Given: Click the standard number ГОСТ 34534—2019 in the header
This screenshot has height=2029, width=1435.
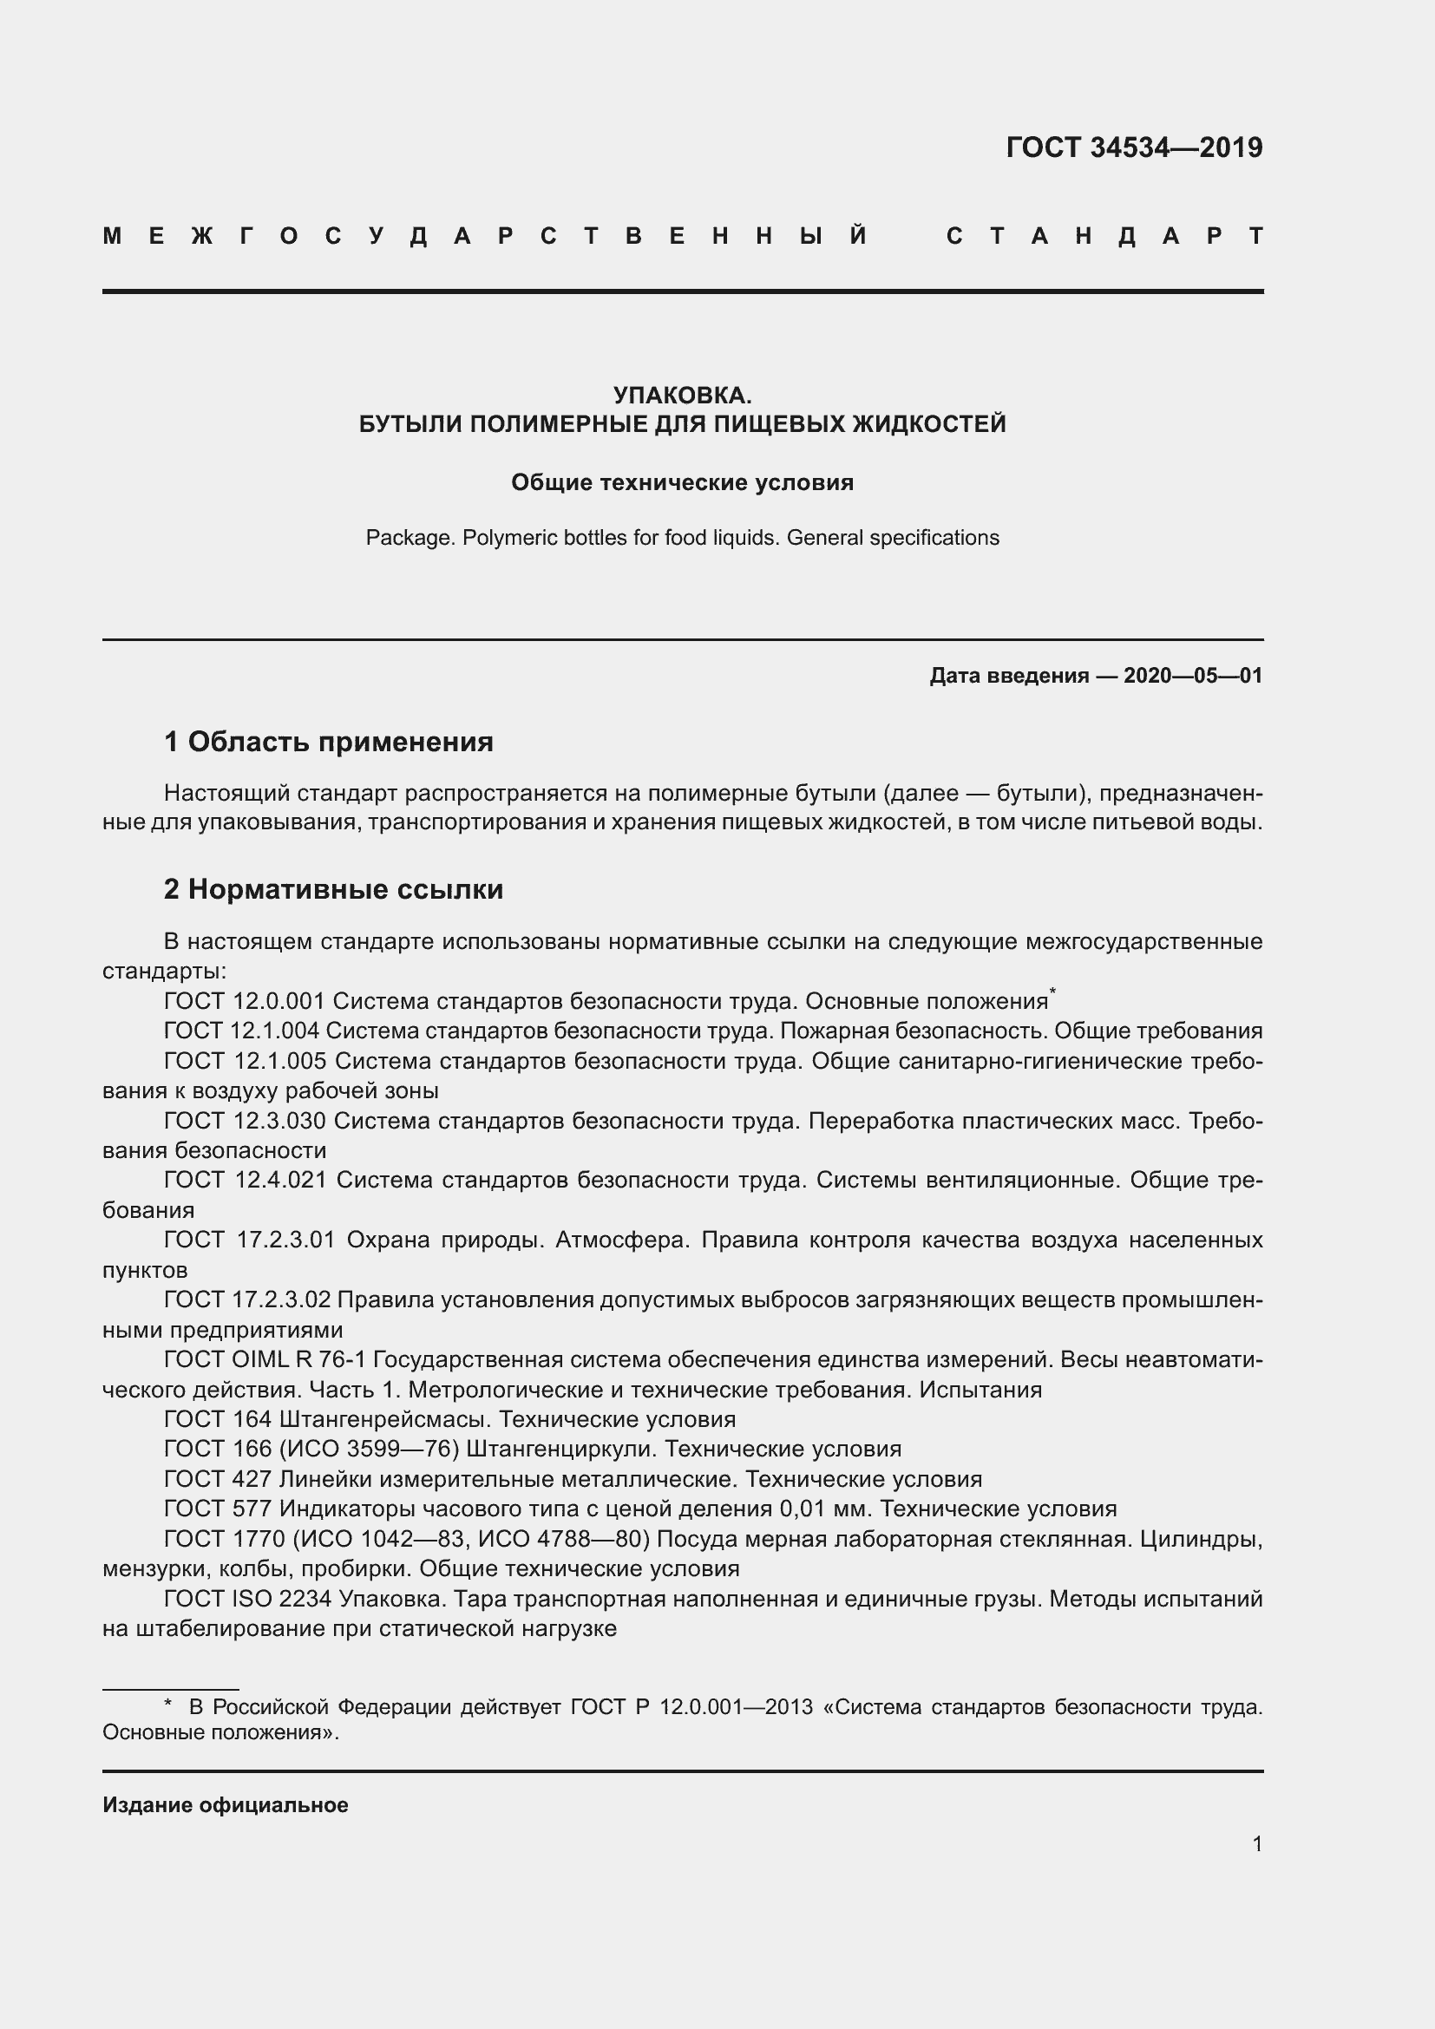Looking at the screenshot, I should pyautogui.click(x=1134, y=147).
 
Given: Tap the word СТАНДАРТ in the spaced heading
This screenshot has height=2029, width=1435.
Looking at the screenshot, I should pyautogui.click(x=1104, y=236).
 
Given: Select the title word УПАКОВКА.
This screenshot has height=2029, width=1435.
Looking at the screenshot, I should pyautogui.click(x=682, y=395).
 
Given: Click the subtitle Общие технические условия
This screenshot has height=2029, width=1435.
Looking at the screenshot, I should pyautogui.click(x=682, y=482).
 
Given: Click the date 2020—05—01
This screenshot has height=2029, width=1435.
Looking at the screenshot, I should pyautogui.click(x=1193, y=676).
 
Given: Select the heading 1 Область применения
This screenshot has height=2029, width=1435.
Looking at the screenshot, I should pyautogui.click(x=329, y=742).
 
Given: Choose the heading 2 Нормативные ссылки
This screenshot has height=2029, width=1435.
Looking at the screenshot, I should pyautogui.click(x=334, y=889).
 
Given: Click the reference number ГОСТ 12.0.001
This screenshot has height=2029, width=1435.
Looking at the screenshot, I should pyautogui.click(x=245, y=1001).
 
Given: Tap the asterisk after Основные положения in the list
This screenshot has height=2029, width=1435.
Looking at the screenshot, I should pyautogui.click(x=1052, y=992).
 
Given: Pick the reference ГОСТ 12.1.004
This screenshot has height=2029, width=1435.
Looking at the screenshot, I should pyautogui.click(x=245, y=1031).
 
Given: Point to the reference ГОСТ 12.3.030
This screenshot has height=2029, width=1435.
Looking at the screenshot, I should pyautogui.click(x=245, y=1121).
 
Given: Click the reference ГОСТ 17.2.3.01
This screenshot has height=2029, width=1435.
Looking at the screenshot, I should pyautogui.click(x=250, y=1240).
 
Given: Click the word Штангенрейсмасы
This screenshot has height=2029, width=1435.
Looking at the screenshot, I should pyautogui.click(x=382, y=1419).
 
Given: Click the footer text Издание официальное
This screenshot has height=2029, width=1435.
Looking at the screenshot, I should pyautogui.click(x=226, y=1805).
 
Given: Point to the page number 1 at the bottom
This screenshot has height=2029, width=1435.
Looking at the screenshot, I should pyautogui.click(x=1256, y=1844).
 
